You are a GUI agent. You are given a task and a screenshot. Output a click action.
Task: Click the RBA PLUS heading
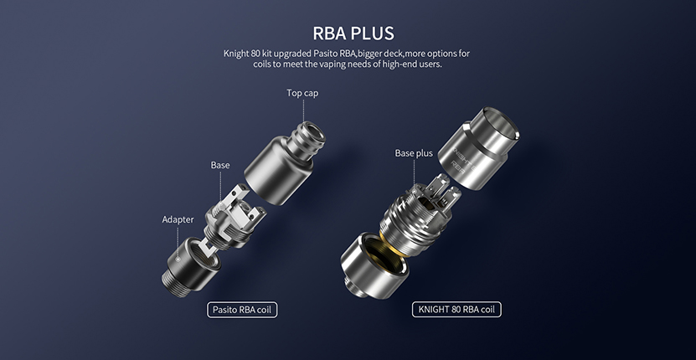click(x=353, y=33)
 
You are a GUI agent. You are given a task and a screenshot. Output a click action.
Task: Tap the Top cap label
click(x=302, y=93)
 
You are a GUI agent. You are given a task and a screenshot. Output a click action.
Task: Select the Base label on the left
click(x=220, y=165)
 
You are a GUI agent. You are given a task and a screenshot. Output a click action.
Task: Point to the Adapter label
click(x=178, y=219)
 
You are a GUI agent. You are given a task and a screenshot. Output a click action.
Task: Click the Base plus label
click(x=414, y=153)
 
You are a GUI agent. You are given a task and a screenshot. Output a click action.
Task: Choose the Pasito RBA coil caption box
click(x=242, y=310)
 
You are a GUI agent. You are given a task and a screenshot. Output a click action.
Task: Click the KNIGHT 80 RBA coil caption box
click(x=456, y=310)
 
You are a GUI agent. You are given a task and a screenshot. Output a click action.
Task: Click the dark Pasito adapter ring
click(x=191, y=263)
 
